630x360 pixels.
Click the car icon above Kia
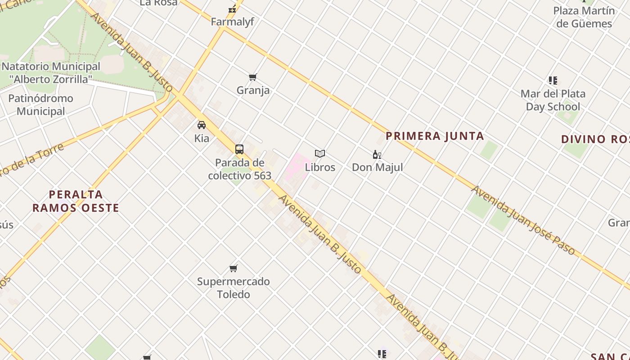pyautogui.click(x=202, y=125)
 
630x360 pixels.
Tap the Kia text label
pyautogui.click(x=202, y=139)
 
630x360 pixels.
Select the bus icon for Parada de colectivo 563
pyautogui.click(x=239, y=149)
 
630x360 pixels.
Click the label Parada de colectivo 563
pyautogui.click(x=239, y=169)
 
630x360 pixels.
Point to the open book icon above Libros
pyautogui.click(x=320, y=154)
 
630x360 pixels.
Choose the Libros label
pyautogui.click(x=320, y=167)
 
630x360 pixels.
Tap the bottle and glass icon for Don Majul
pyautogui.click(x=377, y=155)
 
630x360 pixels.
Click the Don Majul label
pyautogui.click(x=377, y=167)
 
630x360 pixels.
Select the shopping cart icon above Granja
pyautogui.click(x=253, y=77)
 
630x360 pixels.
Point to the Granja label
pyautogui.click(x=253, y=90)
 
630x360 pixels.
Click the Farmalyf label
pyautogui.click(x=232, y=22)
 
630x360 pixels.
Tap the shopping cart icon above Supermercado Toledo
pyautogui.click(x=234, y=269)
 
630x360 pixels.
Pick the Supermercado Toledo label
pyautogui.click(x=234, y=288)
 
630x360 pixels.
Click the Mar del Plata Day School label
pyautogui.click(x=553, y=100)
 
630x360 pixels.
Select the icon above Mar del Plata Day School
pyautogui.click(x=553, y=81)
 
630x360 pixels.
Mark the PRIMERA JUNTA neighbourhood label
pyautogui.click(x=435, y=136)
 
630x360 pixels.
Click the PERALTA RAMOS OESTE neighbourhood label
pyautogui.click(x=76, y=201)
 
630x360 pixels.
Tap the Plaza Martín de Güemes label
pyautogui.click(x=584, y=17)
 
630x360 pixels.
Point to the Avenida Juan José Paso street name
pyautogui.click(x=523, y=220)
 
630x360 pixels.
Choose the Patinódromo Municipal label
pyautogui.click(x=40, y=105)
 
